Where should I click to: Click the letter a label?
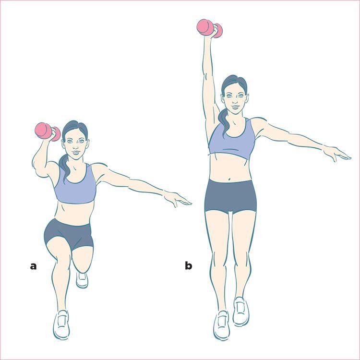click(x=33, y=265)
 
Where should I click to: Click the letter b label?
click(x=189, y=265)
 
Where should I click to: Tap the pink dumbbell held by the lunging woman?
click(x=47, y=131)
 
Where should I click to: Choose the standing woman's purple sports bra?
click(x=231, y=141)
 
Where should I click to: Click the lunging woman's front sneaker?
click(x=61, y=324)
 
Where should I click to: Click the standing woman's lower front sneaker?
click(x=221, y=325)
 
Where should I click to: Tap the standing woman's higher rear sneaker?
click(x=241, y=311)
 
